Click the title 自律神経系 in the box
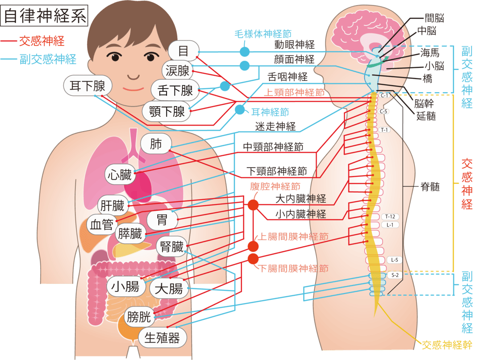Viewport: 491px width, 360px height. (x=45, y=16)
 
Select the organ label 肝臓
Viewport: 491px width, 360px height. (x=112, y=206)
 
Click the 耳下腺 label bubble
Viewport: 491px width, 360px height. (x=87, y=86)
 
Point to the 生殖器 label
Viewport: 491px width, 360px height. (x=162, y=338)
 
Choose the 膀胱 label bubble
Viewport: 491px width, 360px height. (x=139, y=317)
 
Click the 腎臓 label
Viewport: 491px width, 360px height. (x=172, y=247)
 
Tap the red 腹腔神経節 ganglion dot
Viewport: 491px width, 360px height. (x=253, y=205)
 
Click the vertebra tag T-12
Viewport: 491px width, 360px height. (x=390, y=217)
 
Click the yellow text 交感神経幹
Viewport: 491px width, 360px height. (x=447, y=345)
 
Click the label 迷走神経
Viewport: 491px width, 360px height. (x=275, y=127)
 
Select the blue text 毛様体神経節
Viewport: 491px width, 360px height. (x=263, y=34)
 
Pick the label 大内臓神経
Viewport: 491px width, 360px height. (x=300, y=199)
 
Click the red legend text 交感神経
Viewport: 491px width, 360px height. (x=42, y=42)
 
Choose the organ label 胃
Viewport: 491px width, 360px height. (x=162, y=219)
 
